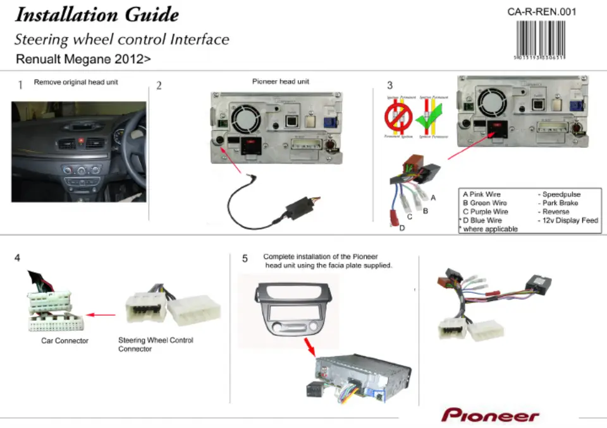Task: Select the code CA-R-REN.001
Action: click(x=542, y=11)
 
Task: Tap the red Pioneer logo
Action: click(x=491, y=415)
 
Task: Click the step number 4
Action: click(x=17, y=258)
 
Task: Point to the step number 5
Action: click(x=245, y=258)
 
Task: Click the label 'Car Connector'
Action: click(x=64, y=341)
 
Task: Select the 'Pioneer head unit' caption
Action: click(x=280, y=81)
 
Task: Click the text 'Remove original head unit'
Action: click(x=76, y=82)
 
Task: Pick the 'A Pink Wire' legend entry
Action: click(x=482, y=194)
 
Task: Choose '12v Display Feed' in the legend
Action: click(x=570, y=220)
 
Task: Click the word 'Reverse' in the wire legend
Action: click(x=556, y=212)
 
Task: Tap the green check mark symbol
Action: click(x=428, y=116)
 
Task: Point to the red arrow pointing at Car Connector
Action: click(x=101, y=314)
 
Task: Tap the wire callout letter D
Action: click(x=402, y=228)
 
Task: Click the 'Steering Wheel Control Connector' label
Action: click(x=156, y=345)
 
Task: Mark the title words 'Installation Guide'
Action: click(x=96, y=15)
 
